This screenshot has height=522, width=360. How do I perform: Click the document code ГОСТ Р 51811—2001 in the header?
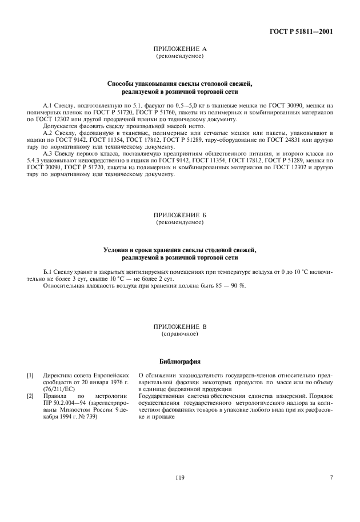(301, 31)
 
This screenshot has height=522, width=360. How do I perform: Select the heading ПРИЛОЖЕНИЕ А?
(180, 50)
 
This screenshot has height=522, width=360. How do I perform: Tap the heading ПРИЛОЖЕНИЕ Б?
(180, 215)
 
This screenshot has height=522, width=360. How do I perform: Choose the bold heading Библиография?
(180, 361)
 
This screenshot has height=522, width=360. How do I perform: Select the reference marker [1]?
(30, 376)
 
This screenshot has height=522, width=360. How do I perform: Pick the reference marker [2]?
(30, 395)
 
